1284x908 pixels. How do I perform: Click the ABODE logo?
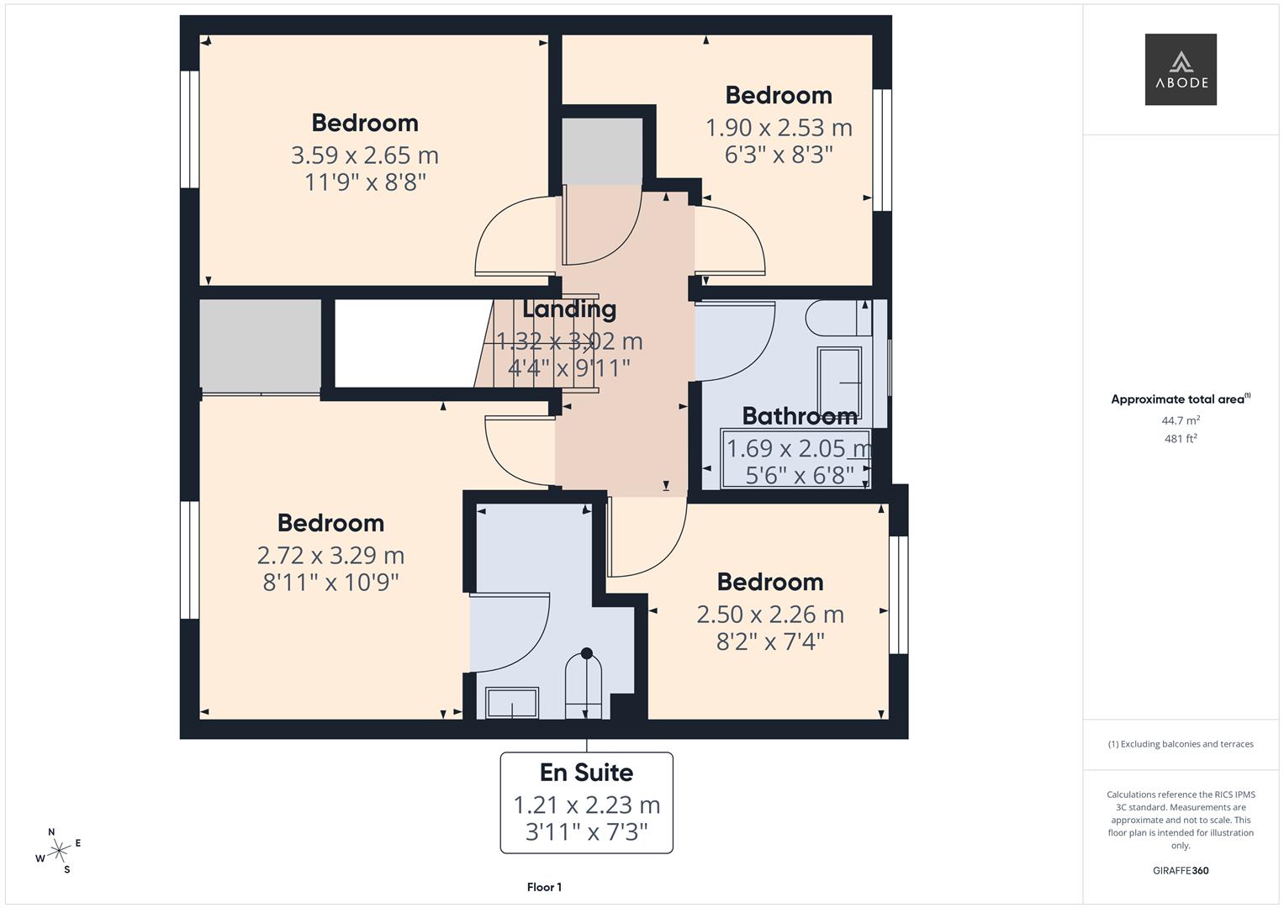pos(1180,70)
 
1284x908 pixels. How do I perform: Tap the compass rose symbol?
pos(58,851)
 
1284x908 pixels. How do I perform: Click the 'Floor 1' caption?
pos(544,887)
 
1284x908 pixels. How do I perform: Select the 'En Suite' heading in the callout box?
pos(586,772)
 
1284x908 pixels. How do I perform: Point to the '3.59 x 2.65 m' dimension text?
pos(365,156)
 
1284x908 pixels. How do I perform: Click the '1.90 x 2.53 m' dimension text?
pos(779,128)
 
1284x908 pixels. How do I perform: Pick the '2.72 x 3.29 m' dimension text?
pos(330,556)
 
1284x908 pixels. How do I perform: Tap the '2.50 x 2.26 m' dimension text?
pos(769,615)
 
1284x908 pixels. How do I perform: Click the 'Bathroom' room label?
pos(800,416)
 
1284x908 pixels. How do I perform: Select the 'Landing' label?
pos(569,309)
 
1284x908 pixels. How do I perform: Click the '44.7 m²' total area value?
pos(1180,420)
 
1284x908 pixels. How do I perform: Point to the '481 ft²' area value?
pos(1180,439)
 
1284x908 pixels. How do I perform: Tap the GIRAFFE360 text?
pos(1180,870)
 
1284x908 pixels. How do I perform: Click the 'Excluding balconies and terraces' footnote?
pos(1181,744)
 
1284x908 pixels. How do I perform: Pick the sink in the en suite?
pos(512,703)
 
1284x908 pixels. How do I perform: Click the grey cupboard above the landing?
pos(602,150)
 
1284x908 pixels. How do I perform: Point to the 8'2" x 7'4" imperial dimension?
pos(769,641)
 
